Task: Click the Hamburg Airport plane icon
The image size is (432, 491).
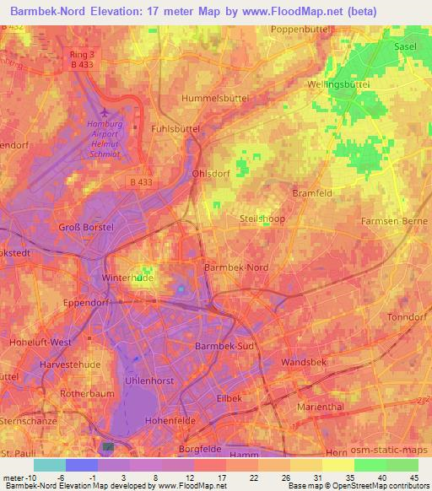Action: (104, 113)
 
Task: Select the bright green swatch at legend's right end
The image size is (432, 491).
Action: (402, 465)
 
